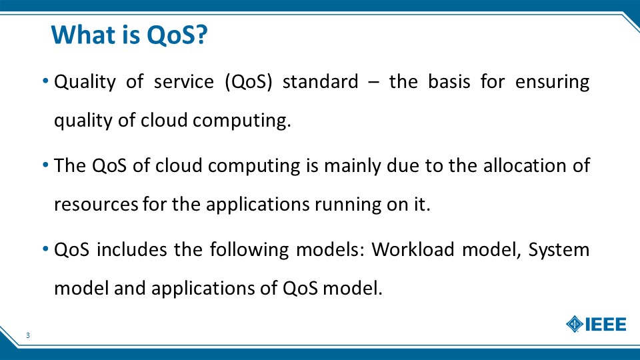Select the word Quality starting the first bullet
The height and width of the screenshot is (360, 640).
(85, 82)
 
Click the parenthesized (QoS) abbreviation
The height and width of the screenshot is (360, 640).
(248, 81)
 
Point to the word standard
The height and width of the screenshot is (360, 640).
(321, 81)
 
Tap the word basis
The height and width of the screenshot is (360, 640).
(449, 81)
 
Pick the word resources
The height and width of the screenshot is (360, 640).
(96, 205)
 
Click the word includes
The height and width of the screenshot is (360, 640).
(132, 249)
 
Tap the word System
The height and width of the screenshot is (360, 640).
(559, 250)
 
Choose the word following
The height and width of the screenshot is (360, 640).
(249, 250)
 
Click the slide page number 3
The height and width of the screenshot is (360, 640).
(28, 335)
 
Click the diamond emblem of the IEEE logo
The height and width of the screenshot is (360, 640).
(575, 325)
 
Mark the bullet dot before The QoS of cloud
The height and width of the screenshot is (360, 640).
(46, 165)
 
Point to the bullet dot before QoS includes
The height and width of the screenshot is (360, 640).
(46, 249)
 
